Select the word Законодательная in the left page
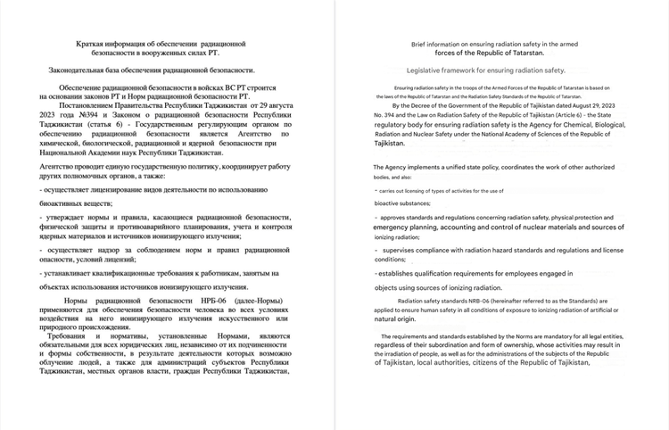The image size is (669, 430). tap(82, 68)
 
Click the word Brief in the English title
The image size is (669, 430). tap(421, 43)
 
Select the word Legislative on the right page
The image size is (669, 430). tap(430, 70)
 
